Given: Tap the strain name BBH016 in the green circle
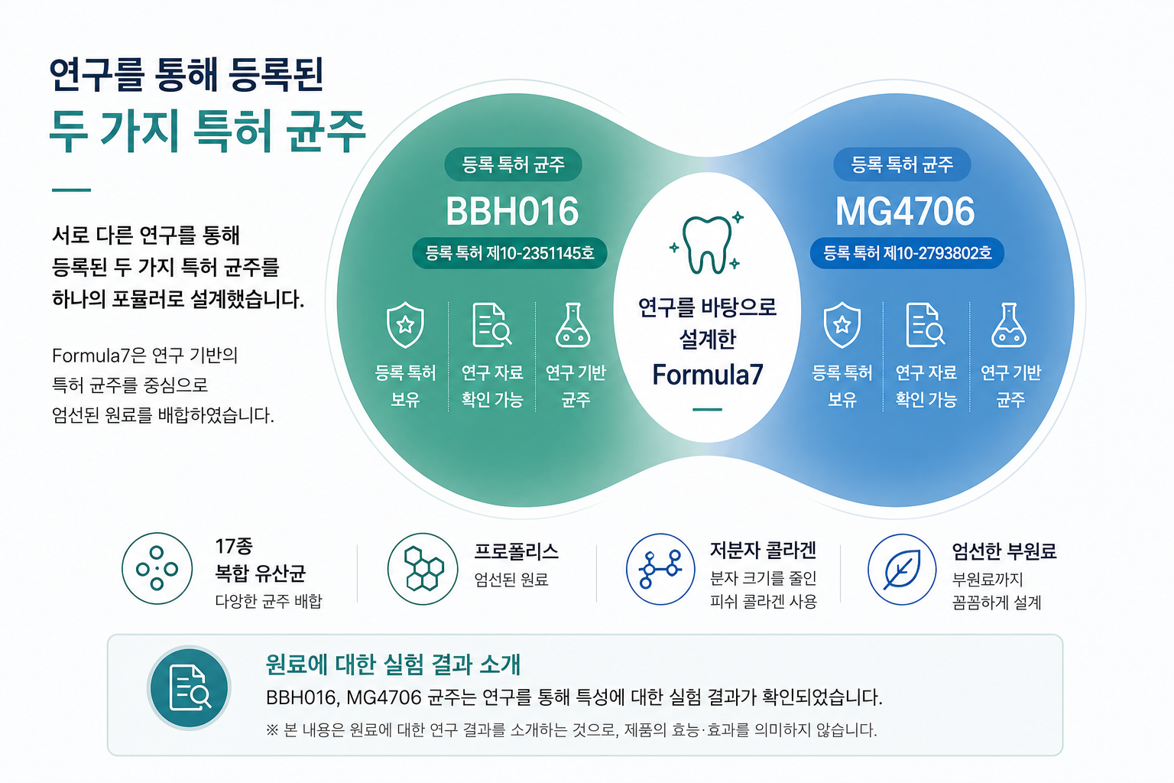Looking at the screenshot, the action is [512, 211].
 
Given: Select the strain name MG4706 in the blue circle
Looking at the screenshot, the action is [905, 211].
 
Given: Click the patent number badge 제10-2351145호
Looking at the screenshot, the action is [510, 253].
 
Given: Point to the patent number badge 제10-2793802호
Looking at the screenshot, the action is [907, 253].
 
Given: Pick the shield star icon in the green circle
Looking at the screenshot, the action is [405, 325].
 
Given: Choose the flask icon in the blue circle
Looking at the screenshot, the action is [1009, 325].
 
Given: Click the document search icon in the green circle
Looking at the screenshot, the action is [491, 325].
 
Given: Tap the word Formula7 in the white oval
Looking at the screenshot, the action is [708, 375].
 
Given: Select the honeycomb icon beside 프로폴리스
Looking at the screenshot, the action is [423, 569].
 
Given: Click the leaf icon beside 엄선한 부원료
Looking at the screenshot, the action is [902, 569].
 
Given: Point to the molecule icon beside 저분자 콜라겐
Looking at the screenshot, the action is [660, 569].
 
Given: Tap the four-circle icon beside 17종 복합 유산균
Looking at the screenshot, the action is [157, 568].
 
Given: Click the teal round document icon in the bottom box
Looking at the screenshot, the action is [190, 687].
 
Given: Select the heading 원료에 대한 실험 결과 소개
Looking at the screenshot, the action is [393, 664].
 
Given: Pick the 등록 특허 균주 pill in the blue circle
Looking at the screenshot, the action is [902, 164].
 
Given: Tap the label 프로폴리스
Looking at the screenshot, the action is [516, 551].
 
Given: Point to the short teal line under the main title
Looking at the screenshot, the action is [71, 190].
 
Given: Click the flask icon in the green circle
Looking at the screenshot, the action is [572, 325].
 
